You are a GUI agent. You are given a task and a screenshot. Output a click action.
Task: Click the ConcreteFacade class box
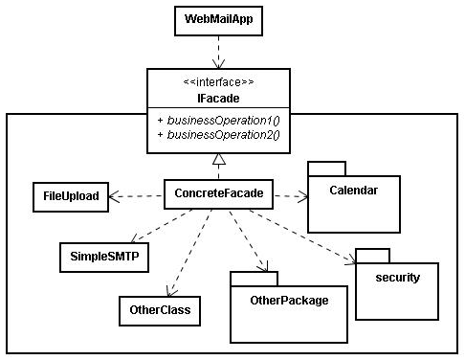(x=219, y=194)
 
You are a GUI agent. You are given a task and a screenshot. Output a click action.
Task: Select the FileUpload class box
(x=70, y=196)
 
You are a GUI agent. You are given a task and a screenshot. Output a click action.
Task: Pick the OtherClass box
(x=159, y=310)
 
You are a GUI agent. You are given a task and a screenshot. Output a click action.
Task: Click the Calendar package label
(x=353, y=191)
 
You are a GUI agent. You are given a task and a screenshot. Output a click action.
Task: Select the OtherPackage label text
(x=288, y=301)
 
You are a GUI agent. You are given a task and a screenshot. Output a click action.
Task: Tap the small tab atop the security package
(x=372, y=255)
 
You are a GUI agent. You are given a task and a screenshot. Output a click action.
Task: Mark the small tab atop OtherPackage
(x=254, y=278)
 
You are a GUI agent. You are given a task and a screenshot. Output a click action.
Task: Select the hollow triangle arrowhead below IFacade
(x=217, y=159)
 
